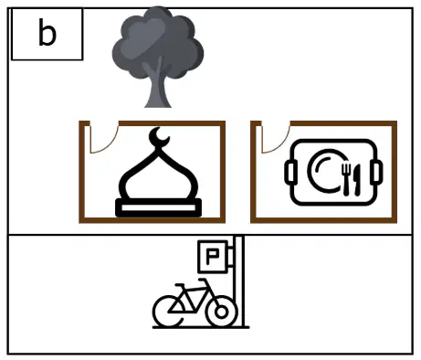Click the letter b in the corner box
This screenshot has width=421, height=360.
[x=47, y=32]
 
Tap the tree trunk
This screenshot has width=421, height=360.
[x=158, y=89]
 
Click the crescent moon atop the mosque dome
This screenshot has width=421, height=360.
[x=158, y=136]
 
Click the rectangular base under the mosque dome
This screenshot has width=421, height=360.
[x=158, y=207]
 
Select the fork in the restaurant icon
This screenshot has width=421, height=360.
[x=346, y=180]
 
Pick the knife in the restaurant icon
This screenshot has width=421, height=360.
[x=357, y=180]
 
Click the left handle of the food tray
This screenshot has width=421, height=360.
[x=289, y=173]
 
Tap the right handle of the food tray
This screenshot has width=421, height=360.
[x=377, y=173]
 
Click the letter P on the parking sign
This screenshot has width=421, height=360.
[x=212, y=257]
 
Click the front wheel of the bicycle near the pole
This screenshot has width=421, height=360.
[x=221, y=312]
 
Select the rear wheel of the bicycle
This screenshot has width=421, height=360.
[x=168, y=312]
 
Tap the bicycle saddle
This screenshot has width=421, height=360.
[x=180, y=286]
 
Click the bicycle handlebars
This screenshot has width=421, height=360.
[x=205, y=281]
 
